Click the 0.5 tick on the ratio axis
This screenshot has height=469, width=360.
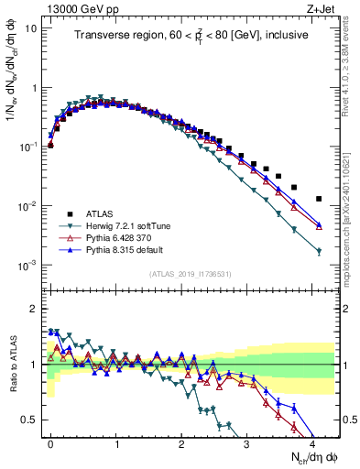coord(28,420)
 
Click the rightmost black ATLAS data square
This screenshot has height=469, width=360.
coord(319,199)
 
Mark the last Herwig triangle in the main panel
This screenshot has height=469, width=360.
coord(319,251)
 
